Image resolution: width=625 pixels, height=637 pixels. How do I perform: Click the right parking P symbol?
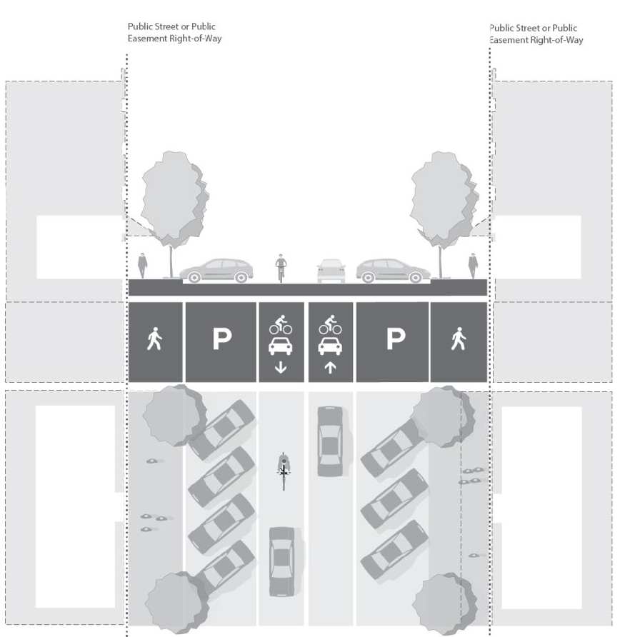tap(394, 340)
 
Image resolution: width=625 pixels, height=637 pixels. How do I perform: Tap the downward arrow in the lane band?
tap(280, 368)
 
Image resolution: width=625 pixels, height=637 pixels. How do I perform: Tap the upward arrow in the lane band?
tap(330, 368)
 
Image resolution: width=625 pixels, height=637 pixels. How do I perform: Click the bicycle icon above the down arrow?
tap(280, 327)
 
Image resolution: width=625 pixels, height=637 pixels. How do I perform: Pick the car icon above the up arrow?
tap(330, 347)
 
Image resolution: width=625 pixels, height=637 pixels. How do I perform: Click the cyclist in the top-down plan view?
tap(284, 469)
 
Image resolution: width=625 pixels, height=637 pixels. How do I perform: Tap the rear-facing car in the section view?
tap(331, 270)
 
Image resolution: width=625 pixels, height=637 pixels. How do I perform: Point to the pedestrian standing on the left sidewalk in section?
tap(143, 265)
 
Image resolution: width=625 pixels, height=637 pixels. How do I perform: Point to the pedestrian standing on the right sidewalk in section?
tap(472, 265)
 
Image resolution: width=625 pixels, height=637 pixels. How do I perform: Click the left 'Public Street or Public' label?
tap(171, 27)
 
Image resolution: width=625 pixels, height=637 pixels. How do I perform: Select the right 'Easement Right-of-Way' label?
tap(536, 40)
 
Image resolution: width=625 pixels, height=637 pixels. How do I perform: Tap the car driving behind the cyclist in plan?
tap(282, 561)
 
